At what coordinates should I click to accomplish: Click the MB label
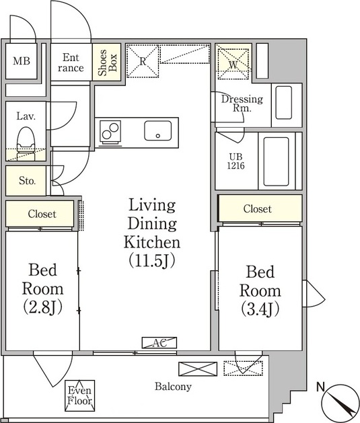tap(22, 61)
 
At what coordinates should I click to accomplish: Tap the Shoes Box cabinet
tap(106, 62)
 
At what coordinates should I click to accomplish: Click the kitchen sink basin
tap(158, 130)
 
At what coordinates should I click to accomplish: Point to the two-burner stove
tap(110, 131)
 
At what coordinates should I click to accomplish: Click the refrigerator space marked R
tap(143, 61)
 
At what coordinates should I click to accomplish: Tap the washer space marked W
tap(233, 64)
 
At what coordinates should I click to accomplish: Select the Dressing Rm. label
tap(242, 104)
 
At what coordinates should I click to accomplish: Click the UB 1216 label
tap(236, 161)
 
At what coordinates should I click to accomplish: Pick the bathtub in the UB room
tap(276, 161)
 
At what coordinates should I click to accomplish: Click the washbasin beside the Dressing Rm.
tap(283, 102)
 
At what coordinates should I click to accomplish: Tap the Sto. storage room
tap(26, 180)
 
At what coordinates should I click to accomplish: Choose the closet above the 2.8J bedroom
tap(40, 214)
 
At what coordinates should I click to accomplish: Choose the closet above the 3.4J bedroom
tap(260, 208)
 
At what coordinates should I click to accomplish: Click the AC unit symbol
tap(159, 343)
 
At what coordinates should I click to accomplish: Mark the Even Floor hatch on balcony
tap(80, 395)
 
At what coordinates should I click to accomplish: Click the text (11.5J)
tap(152, 260)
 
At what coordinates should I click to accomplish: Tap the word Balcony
tap(173, 387)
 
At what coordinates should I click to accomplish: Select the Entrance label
tap(71, 63)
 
